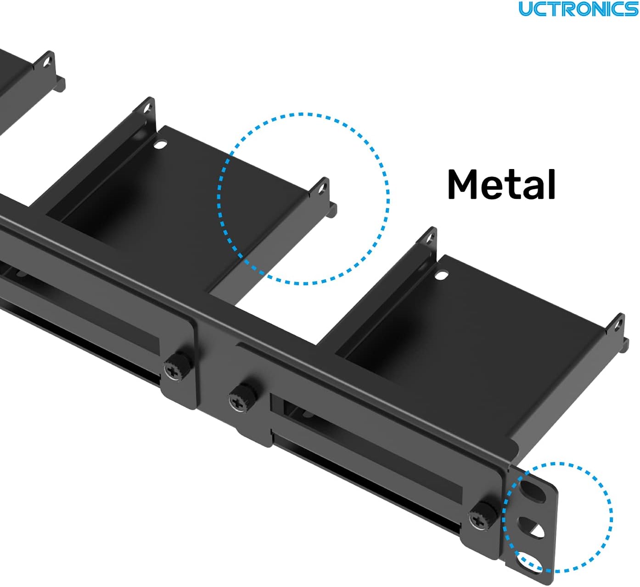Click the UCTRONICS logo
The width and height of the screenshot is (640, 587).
[578, 9]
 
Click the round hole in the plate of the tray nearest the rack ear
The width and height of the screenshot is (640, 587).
[441, 276]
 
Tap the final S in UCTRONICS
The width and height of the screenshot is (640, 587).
[632, 9]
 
